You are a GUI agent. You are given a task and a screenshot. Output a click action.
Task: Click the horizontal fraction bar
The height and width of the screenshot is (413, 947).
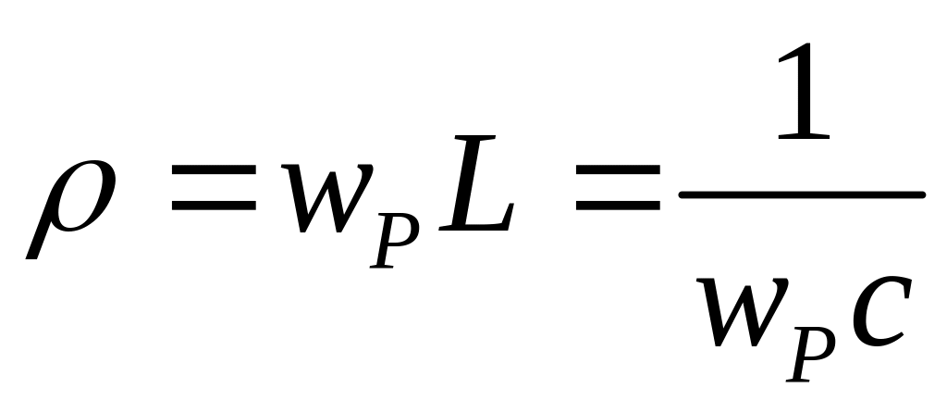click(801, 194)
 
